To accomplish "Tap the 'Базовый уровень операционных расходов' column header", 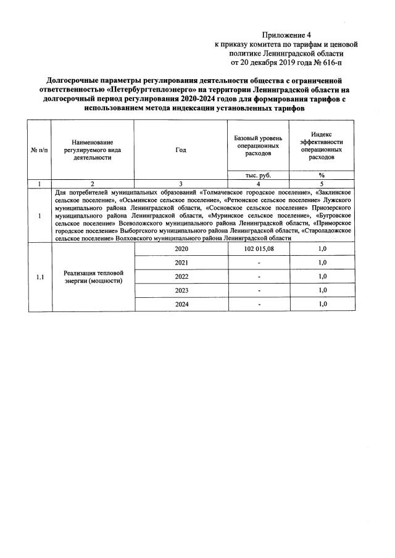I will click(258, 145).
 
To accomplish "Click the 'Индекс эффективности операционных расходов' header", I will click(322, 146).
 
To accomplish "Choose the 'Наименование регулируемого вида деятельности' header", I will click(92, 150).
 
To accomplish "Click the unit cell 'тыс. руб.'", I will click(258, 175).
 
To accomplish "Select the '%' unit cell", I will click(322, 175).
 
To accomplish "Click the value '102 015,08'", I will click(258, 248).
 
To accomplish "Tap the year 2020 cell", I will click(181, 248).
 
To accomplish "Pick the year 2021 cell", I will click(181, 263).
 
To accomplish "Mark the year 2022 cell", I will click(181, 276).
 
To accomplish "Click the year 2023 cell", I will click(181, 290).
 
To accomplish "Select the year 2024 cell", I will click(181, 304).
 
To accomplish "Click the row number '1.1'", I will click(39, 276).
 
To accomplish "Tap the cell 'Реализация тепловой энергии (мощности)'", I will click(93, 277).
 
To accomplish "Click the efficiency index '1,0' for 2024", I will click(322, 304).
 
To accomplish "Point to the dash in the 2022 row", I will click(259, 276).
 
